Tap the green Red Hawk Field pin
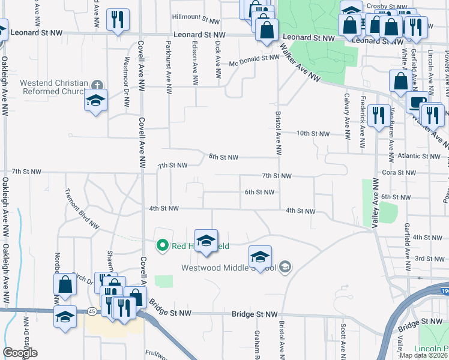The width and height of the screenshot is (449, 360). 161,245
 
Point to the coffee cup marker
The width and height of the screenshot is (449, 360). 418,103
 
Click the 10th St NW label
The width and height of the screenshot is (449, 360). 313,133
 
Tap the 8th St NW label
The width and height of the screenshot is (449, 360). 223,157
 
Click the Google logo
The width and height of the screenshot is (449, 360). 20,353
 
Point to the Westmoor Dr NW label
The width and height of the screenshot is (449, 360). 126,82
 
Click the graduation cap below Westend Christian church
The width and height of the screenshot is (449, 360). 95,101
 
